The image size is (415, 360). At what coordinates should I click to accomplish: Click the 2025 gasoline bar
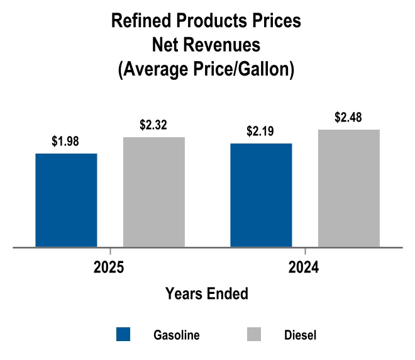coord(66,200)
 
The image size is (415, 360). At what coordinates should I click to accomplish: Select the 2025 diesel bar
coord(154,192)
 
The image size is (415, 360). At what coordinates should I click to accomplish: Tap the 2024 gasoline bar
coord(262,195)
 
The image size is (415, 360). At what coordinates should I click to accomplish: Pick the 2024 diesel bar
coord(349,188)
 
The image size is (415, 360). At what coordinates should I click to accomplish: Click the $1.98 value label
coord(66,142)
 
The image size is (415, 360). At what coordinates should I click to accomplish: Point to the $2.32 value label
coord(154,126)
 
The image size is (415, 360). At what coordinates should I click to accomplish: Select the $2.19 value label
coord(262,133)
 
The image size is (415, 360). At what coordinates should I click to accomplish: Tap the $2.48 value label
coord(349,118)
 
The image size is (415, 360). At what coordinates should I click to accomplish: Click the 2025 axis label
coord(109,267)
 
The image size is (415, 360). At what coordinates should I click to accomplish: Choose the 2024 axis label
coord(304,267)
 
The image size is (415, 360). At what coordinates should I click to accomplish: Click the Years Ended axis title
coord(206,293)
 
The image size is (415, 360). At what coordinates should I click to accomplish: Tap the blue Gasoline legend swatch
coord(124,334)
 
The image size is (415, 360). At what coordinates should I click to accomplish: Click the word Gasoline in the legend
coord(177,335)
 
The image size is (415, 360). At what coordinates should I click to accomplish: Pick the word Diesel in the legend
coord(296,335)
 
